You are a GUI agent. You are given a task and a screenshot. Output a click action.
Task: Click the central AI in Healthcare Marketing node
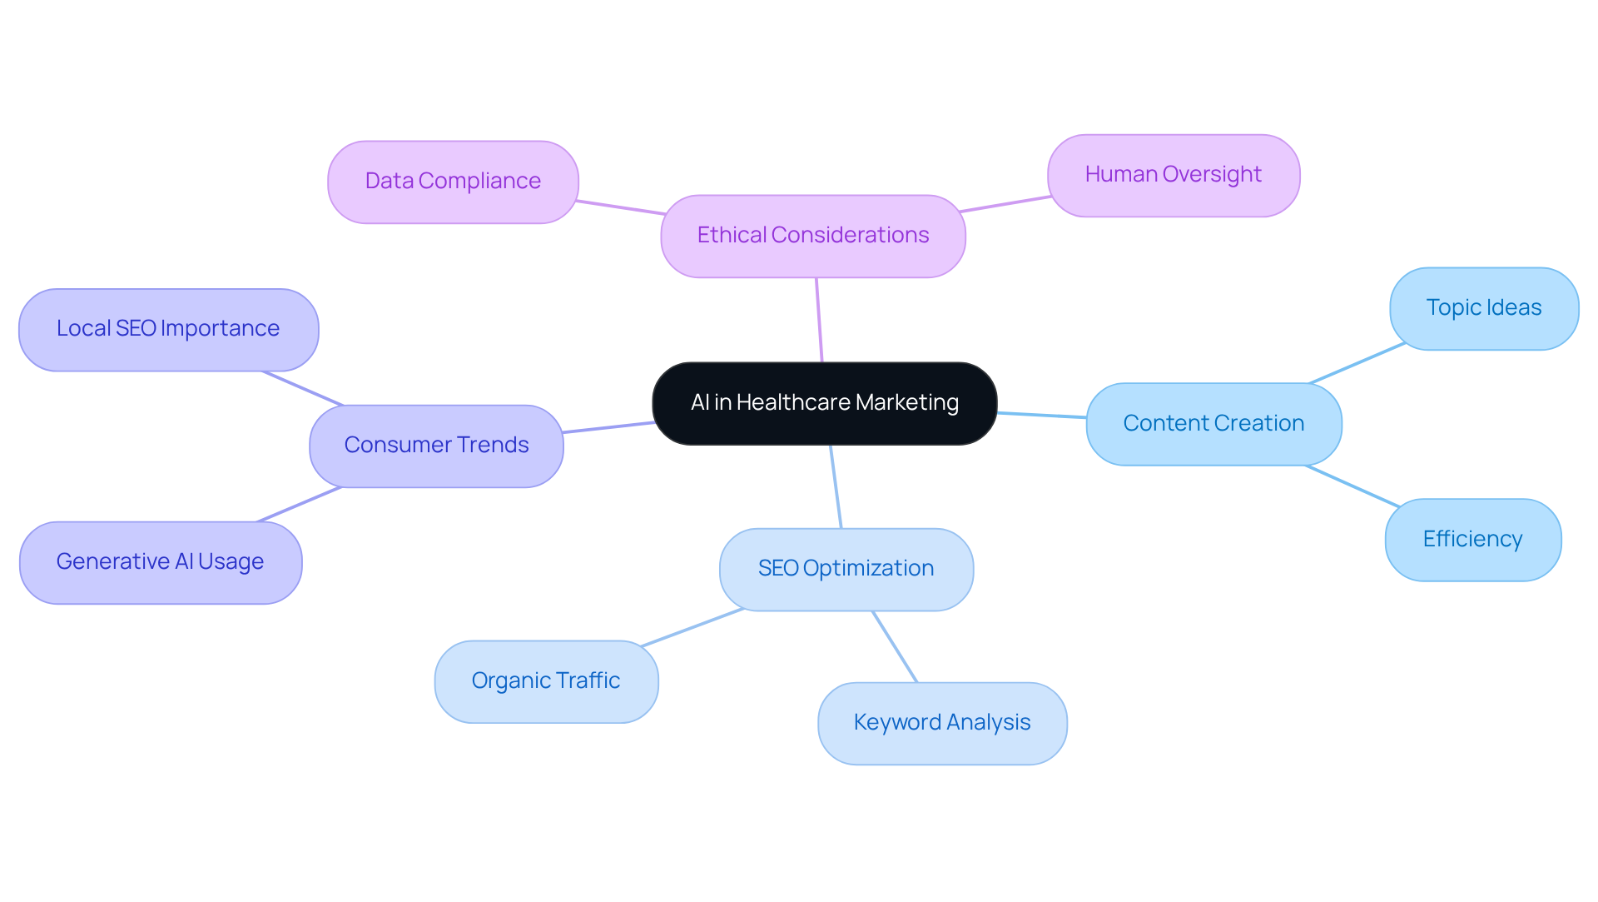824,403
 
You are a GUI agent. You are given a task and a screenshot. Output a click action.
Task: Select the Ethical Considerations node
812,236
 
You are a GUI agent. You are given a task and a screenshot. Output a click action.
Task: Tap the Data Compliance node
453,182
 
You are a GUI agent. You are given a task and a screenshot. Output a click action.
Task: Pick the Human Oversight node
1173,175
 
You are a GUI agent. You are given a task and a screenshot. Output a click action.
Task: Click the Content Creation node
1213,424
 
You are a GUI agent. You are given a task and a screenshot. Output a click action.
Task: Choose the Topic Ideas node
1483,308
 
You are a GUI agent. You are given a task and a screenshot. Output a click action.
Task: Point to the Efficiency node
1472,540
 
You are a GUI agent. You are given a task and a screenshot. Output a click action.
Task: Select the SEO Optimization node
846,569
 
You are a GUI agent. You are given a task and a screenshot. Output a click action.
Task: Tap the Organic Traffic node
546,681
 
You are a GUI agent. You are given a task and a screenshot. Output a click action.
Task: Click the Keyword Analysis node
941,723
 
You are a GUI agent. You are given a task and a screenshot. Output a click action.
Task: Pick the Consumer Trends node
436,446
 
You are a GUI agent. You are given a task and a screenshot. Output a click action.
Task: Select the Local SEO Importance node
168,329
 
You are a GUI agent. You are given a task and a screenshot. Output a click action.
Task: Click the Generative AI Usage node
160,562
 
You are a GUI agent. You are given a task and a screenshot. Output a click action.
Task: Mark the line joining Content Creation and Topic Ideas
1357,363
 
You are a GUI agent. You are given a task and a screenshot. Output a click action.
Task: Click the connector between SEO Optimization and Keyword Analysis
895,646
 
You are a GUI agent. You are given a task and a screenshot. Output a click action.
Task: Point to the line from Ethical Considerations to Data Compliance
620,207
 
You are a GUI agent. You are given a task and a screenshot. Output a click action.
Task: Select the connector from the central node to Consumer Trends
608,427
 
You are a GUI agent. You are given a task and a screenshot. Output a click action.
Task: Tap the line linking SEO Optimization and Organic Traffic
692,627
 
